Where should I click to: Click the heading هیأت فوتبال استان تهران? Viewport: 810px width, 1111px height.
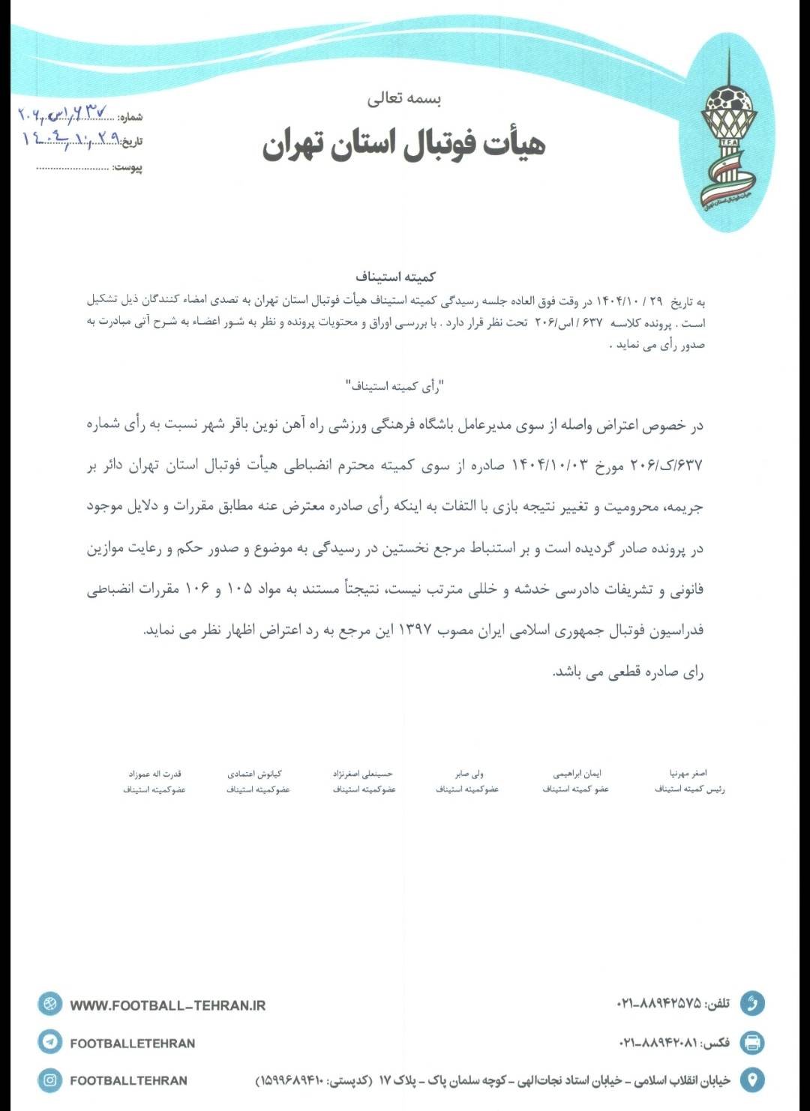403,145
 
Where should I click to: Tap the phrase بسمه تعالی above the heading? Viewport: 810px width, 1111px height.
404,98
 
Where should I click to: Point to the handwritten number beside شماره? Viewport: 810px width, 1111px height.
63,115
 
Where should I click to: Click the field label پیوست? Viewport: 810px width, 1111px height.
128,167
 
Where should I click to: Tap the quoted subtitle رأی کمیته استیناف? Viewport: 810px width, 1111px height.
395,387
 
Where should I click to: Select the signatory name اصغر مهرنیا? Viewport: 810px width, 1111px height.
688,773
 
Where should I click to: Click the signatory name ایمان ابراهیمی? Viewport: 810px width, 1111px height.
577,773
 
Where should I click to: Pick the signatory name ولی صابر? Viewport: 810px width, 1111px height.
469,773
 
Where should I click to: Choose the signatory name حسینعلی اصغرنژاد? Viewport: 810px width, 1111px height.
363,773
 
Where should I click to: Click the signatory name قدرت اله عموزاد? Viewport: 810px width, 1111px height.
154,773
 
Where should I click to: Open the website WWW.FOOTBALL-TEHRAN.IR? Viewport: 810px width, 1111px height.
168,1005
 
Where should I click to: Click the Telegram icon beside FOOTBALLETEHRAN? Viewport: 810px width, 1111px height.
50,1042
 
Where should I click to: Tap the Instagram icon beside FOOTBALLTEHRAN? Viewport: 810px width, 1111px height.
50,1080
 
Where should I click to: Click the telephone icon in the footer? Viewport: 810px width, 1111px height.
751,1003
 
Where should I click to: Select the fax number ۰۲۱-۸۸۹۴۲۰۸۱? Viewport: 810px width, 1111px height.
658,1043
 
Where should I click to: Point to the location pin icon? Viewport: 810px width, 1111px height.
751,1080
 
